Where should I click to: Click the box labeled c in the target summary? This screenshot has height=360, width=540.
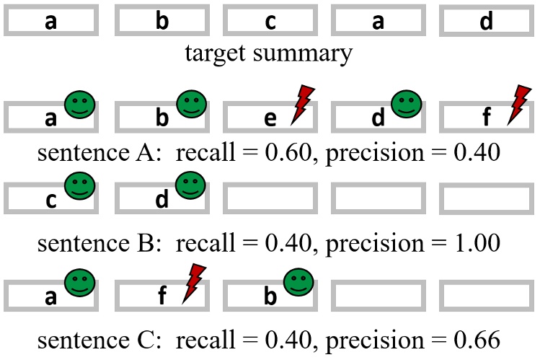point(270,20)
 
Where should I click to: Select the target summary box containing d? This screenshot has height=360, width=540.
point(486,20)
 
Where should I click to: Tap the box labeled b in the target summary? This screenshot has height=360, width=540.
point(162,20)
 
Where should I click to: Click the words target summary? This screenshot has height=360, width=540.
point(269,53)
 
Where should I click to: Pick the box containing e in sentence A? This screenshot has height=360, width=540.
point(270,117)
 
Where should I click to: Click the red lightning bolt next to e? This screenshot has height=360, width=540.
point(302,105)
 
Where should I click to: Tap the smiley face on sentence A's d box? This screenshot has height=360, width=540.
point(407,104)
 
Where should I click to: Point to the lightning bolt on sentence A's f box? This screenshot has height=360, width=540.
point(519,105)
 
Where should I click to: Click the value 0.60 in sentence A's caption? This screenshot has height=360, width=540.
point(288,152)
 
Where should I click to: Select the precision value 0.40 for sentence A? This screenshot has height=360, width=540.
point(477,152)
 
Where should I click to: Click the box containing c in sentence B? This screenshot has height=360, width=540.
point(51,198)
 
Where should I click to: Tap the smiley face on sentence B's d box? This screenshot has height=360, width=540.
point(190,185)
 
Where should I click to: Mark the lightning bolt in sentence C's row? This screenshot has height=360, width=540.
point(194,284)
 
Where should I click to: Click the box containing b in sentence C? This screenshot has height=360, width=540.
point(270,296)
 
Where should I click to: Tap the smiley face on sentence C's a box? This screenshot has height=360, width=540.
point(79,283)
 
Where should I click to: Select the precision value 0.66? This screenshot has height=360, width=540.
point(477,340)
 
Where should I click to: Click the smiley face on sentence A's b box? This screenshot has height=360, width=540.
point(192,104)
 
